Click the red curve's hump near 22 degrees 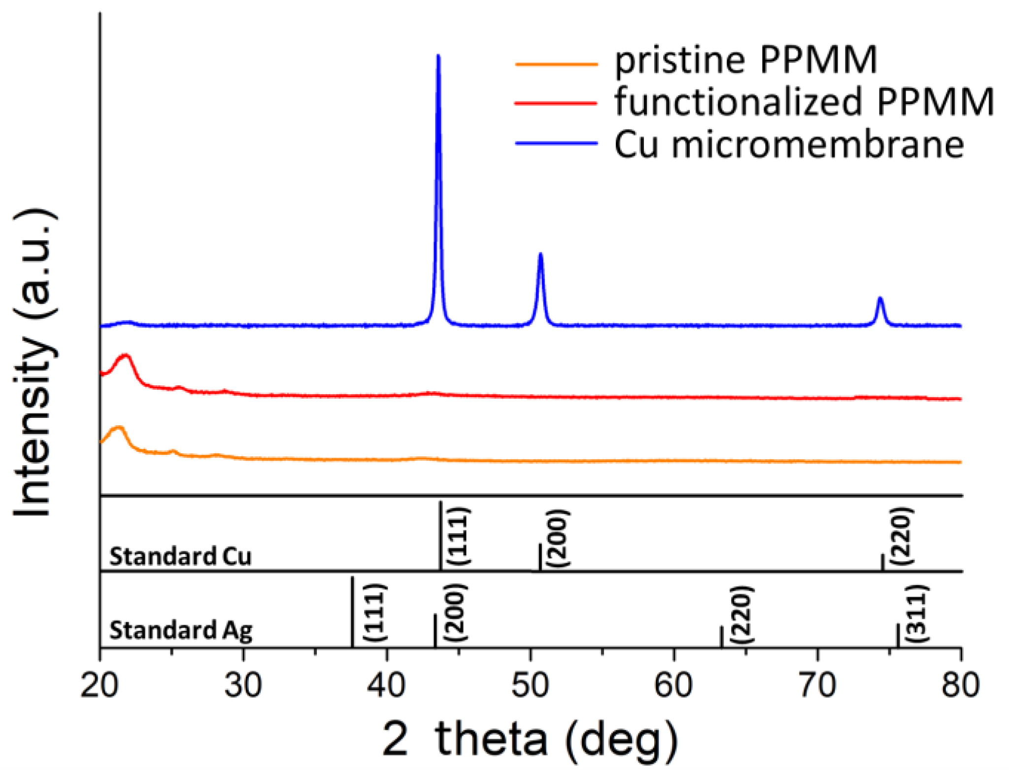126,356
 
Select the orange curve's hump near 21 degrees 118,428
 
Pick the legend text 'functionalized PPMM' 804,102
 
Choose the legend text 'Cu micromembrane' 789,145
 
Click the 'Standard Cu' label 180,557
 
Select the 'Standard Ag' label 180,630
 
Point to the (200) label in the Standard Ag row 454,612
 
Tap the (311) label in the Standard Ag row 918,614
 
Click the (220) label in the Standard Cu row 903,536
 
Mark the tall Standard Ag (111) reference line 352,611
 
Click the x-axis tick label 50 530,685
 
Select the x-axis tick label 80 960,685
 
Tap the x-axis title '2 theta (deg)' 530,739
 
